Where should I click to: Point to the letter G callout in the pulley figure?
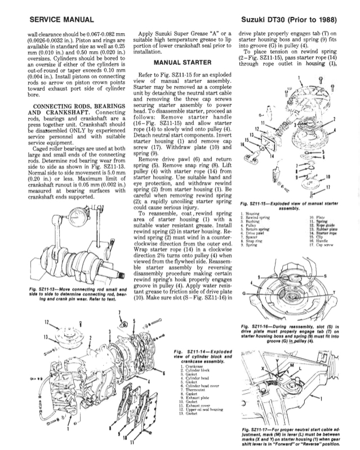tap(243, 294)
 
